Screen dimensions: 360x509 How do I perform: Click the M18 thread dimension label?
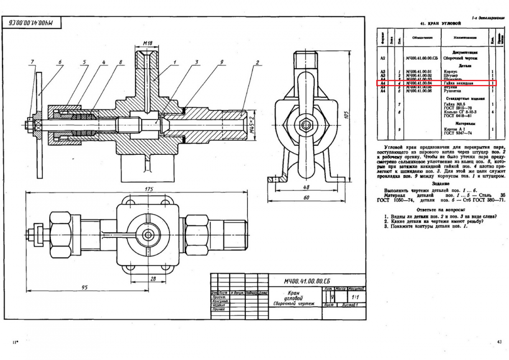click(x=147, y=43)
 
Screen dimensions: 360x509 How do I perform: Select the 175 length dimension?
click(x=149, y=189)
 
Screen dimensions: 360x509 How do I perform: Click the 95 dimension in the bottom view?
click(x=85, y=287)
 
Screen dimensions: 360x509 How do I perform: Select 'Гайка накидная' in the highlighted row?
click(x=459, y=83)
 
